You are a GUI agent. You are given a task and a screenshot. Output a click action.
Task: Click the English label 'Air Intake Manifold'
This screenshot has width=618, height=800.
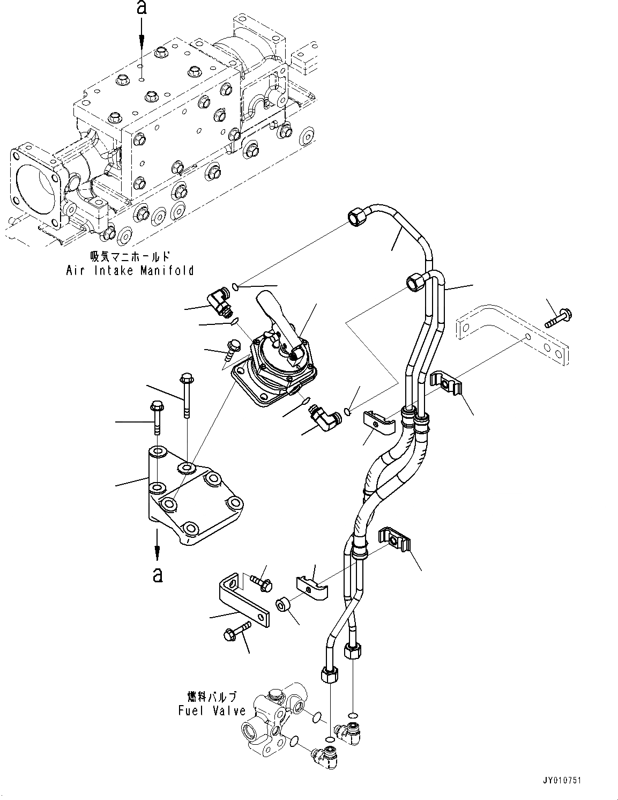coord(130,270)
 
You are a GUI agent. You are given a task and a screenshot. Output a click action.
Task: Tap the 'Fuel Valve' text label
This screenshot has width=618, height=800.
coord(212,711)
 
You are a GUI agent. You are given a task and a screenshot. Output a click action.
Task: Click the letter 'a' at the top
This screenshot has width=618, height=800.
coord(142,7)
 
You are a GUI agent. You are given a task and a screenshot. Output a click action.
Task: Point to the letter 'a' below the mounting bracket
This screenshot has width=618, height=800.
coord(157,575)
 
